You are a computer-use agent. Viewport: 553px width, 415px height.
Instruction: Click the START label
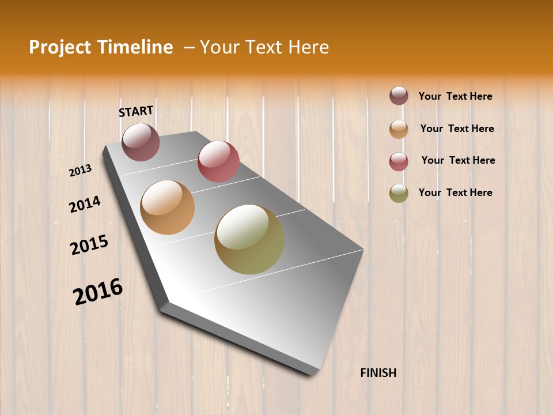(x=136, y=111)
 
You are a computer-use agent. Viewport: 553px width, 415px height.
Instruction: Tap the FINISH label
(x=378, y=373)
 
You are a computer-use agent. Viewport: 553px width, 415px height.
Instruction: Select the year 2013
(x=81, y=171)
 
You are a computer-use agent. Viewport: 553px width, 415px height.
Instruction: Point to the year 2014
(x=85, y=204)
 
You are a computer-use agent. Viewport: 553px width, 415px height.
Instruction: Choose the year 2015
(x=89, y=245)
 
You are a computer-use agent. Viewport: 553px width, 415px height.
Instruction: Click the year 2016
(x=98, y=292)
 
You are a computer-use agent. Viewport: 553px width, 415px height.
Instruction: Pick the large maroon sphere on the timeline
(x=141, y=142)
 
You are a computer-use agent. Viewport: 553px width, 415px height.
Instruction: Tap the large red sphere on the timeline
(x=218, y=161)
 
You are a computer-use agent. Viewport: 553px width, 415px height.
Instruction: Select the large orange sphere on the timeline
(x=168, y=207)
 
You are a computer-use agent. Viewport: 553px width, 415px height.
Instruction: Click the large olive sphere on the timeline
(x=249, y=239)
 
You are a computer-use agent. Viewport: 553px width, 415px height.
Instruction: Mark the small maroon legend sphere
(x=399, y=96)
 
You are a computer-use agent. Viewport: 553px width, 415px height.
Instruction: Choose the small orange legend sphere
(x=399, y=129)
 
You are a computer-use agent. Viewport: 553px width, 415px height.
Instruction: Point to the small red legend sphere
(x=399, y=161)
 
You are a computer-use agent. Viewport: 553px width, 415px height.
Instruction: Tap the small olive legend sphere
(x=399, y=194)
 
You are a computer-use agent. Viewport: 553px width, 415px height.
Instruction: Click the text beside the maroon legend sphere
(x=455, y=96)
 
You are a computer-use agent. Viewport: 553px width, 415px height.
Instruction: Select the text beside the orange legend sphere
(x=457, y=129)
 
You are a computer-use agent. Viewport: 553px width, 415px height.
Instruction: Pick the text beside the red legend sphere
(x=458, y=160)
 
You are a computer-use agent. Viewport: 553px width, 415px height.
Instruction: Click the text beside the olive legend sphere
(x=455, y=193)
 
